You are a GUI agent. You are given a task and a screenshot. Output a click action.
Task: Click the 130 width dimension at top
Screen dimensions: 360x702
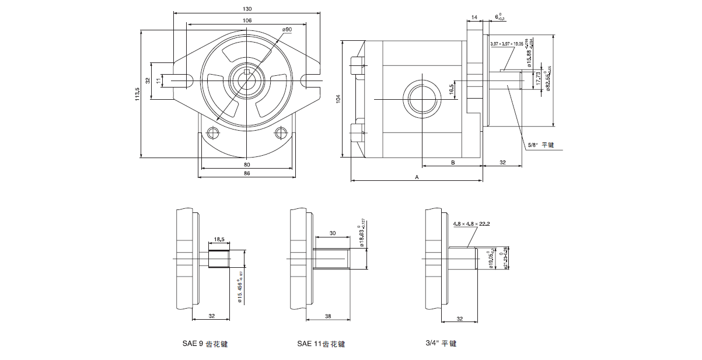tap(247, 9)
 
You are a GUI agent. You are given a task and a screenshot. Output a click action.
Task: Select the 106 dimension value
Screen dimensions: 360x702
tap(247, 20)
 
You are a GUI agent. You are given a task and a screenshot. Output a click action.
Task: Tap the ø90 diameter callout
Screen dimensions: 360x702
tap(287, 29)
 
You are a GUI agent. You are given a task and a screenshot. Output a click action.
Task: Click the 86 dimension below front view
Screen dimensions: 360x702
tap(247, 174)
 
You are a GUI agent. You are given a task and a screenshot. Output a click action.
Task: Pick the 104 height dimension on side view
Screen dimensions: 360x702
tap(338, 99)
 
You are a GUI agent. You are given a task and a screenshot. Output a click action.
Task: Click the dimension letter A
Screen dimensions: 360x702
tap(417, 176)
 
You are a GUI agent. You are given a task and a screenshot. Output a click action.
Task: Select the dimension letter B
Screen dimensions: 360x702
tap(452, 163)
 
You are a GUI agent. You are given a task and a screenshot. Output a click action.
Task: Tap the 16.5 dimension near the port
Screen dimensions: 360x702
tap(451, 88)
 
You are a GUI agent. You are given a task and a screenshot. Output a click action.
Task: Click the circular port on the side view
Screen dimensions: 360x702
tap(422, 97)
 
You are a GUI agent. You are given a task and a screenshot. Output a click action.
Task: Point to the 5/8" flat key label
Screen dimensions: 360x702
tap(539, 145)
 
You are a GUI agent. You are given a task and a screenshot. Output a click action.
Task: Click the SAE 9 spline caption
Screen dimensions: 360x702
tap(204, 344)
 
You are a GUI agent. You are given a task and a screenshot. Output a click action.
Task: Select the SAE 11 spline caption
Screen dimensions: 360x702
tap(321, 344)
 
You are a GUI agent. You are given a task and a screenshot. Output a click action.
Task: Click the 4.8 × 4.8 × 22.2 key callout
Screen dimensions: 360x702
tap(472, 223)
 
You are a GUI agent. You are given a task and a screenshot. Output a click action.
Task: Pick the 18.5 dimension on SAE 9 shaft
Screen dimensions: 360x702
tap(219, 239)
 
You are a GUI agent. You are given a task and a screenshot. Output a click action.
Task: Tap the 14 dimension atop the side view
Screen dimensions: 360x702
tap(474, 19)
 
